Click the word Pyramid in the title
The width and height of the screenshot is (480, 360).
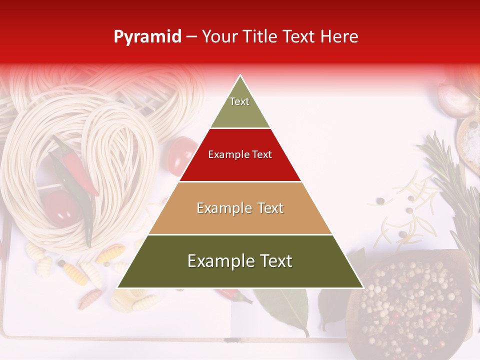[147, 37]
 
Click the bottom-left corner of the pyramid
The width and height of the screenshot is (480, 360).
[118, 287]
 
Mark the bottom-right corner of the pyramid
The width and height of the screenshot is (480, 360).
[362, 287]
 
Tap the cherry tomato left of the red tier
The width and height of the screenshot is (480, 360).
[182, 152]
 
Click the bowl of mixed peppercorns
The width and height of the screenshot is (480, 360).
[410, 305]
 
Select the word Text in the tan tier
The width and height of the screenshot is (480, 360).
[270, 208]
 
